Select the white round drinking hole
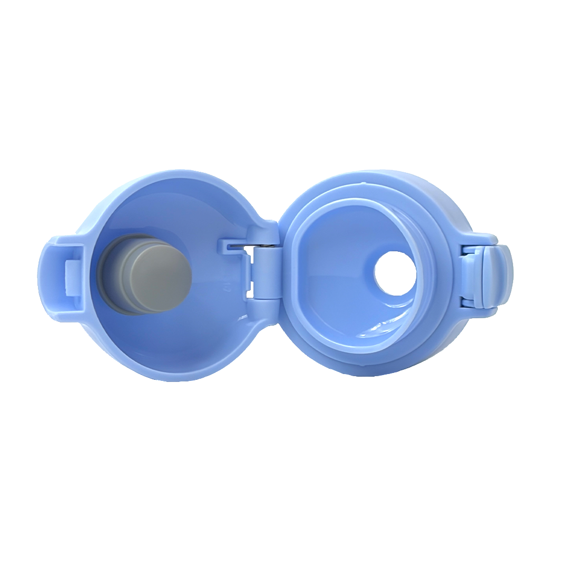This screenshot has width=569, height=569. [x=395, y=273]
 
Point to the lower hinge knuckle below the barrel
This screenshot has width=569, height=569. [x=263, y=306]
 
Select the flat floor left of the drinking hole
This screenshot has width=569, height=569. [x=337, y=274]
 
